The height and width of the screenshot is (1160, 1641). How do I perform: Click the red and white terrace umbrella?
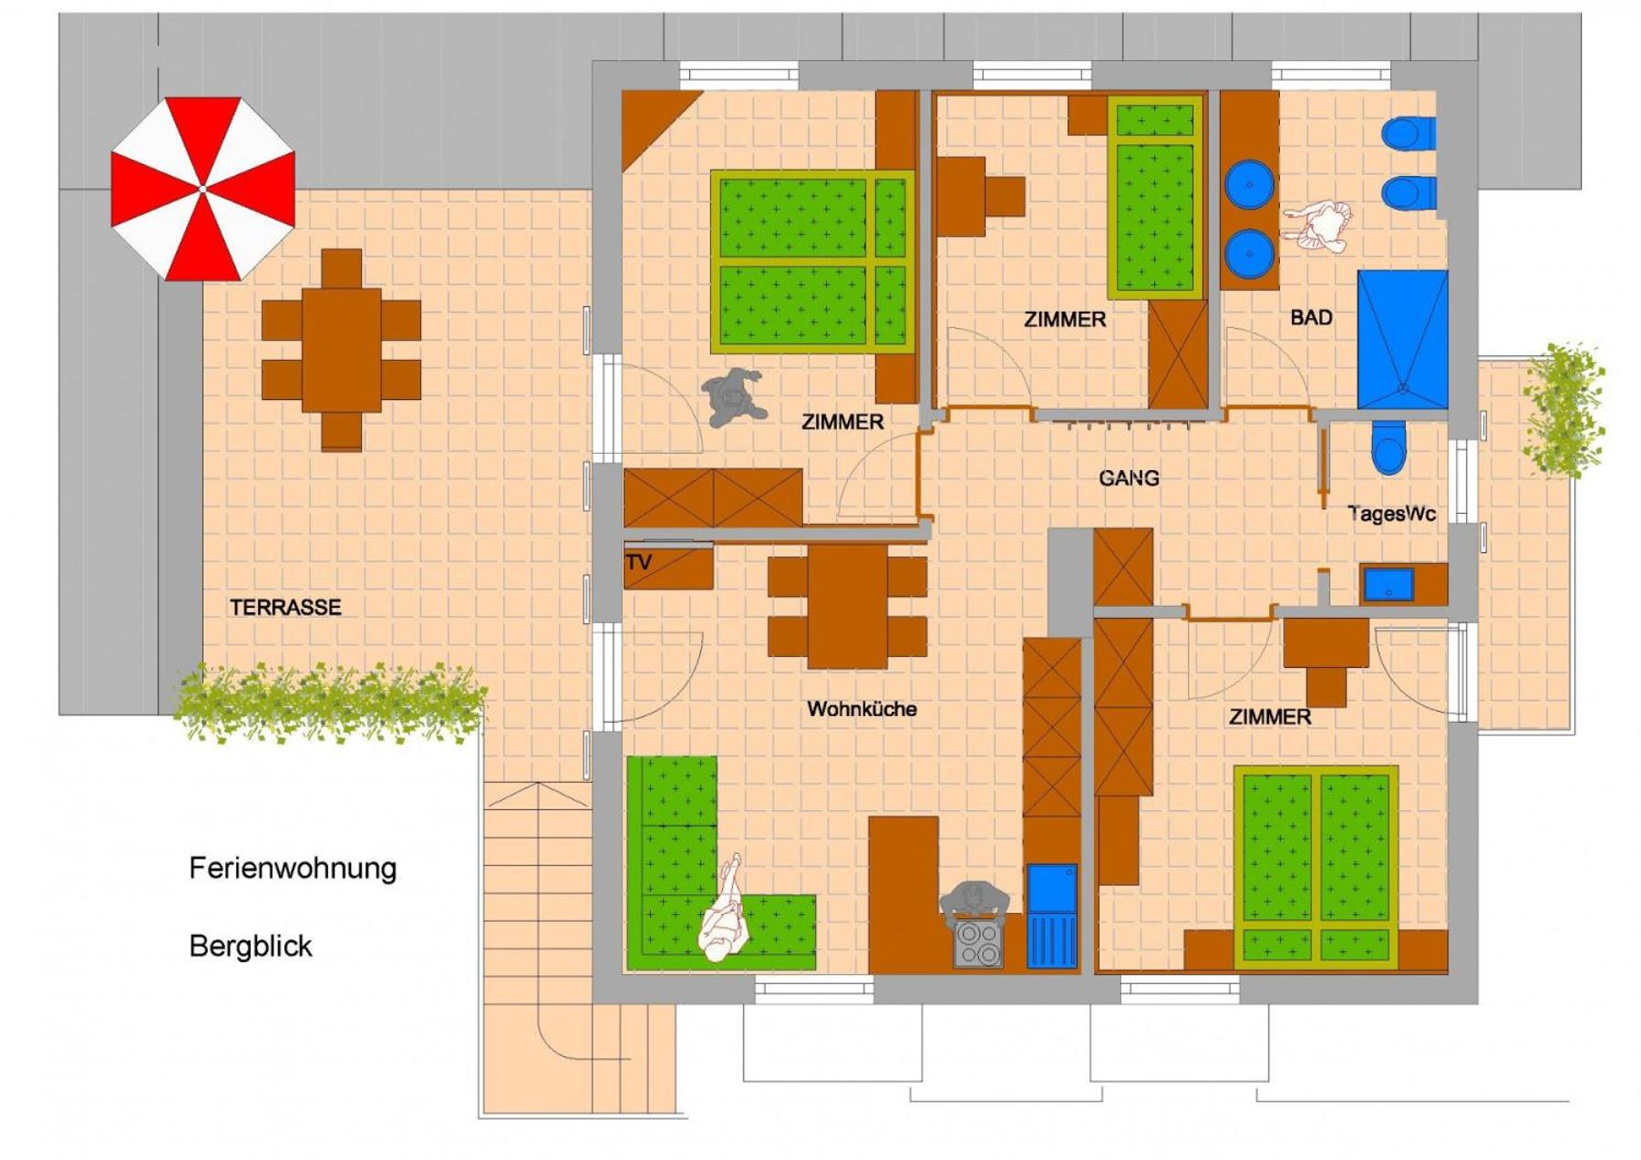[x=202, y=189]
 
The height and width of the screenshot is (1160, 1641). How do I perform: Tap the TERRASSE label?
[x=285, y=608]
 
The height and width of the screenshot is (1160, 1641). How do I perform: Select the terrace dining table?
[x=341, y=350]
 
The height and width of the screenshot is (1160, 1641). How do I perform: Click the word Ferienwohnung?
[x=293, y=868]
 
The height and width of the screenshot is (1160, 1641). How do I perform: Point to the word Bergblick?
[x=251, y=947]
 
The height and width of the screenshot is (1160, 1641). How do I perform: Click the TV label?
[x=639, y=562]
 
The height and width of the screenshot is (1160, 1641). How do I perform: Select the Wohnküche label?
[x=862, y=709]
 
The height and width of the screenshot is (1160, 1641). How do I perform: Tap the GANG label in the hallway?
[x=1129, y=477]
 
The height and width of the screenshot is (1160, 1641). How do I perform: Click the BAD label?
[x=1311, y=318]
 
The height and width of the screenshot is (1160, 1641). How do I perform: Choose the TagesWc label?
[x=1391, y=514]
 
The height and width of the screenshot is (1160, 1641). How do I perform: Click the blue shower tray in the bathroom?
[x=1402, y=339]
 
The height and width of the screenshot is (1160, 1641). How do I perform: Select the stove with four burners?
[x=978, y=945]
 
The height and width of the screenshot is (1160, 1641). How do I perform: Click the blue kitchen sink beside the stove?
[x=1052, y=916]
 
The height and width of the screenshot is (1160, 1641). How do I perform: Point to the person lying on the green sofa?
[x=724, y=911]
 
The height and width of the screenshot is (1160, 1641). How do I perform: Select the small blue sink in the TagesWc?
[x=1388, y=585]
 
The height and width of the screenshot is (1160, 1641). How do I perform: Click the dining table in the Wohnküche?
[x=847, y=606]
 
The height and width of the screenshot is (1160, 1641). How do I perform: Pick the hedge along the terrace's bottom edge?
[x=329, y=703]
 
